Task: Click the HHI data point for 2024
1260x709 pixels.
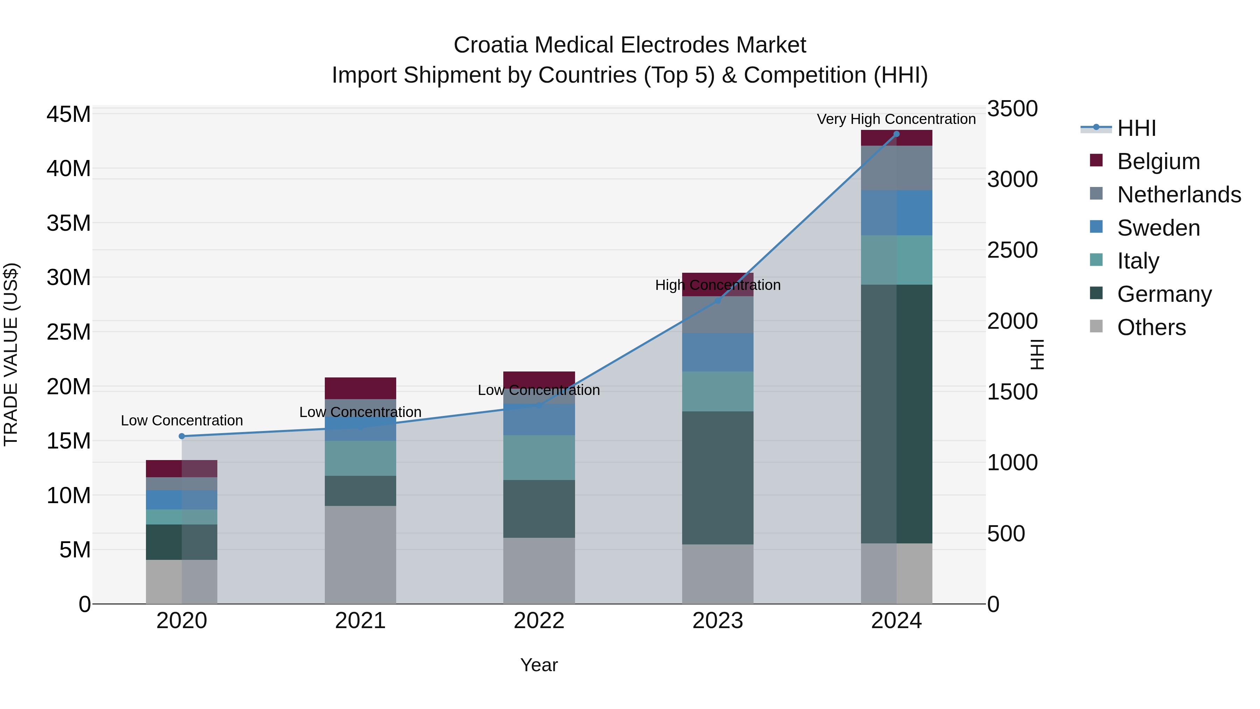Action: (896, 134)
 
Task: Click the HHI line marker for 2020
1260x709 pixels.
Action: (181, 436)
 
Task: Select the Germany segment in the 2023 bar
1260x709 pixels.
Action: (717, 478)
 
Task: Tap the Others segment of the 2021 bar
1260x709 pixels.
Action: (360, 554)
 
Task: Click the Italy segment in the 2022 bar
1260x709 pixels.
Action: (539, 458)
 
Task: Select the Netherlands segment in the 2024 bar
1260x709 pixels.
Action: (896, 168)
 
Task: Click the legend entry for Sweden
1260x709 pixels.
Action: (1158, 228)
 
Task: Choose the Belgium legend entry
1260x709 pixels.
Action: (1158, 161)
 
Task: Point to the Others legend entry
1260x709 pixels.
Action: (1151, 327)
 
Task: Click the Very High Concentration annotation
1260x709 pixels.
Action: (896, 119)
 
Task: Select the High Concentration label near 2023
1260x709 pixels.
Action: (717, 285)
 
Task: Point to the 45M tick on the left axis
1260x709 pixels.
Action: (69, 114)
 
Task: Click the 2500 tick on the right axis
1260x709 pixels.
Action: (1012, 250)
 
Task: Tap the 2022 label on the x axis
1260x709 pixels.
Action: (539, 621)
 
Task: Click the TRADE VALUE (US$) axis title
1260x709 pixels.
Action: (11, 354)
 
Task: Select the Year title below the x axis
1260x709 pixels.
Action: (539, 665)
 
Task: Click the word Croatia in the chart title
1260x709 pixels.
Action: (491, 45)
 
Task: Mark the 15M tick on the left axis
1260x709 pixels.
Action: (69, 441)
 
